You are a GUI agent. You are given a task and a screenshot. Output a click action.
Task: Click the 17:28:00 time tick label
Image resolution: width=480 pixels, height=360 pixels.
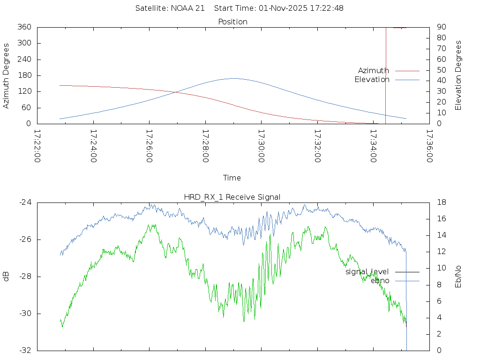(x=205, y=146)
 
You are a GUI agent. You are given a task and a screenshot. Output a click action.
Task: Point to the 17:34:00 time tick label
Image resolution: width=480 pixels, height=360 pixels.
(x=373, y=146)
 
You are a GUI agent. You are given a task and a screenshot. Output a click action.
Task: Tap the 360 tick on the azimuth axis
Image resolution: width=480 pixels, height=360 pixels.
(x=24, y=27)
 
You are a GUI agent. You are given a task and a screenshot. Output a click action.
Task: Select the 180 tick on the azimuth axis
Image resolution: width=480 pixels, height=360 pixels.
(x=24, y=75)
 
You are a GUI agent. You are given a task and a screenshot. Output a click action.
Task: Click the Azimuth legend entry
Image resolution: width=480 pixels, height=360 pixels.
(x=374, y=71)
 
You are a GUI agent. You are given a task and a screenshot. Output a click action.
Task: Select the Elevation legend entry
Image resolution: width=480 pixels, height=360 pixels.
(x=372, y=80)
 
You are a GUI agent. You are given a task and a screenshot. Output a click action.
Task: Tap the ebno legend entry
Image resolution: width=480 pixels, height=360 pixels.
(x=380, y=281)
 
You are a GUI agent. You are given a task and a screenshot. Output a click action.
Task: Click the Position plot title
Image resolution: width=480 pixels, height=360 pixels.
(x=233, y=22)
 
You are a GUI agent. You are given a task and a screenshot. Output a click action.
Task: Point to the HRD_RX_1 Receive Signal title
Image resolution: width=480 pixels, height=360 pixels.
(x=233, y=197)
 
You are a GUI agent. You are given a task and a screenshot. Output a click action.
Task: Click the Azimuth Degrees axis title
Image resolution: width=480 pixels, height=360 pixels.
(x=7, y=75)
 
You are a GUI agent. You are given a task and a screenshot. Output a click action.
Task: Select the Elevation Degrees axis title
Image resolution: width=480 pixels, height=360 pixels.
(x=459, y=75)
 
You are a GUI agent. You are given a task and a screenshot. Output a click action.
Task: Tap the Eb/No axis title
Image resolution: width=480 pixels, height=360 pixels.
(x=459, y=277)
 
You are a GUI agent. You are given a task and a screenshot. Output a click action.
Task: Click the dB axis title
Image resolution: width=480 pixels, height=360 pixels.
(x=7, y=277)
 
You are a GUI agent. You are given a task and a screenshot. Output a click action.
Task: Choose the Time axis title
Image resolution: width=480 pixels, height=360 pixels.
(x=232, y=178)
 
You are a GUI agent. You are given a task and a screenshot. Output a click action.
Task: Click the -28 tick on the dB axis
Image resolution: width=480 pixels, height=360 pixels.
(x=24, y=277)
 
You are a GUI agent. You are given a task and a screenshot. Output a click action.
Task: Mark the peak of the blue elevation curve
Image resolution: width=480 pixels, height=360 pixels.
(x=233, y=78)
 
